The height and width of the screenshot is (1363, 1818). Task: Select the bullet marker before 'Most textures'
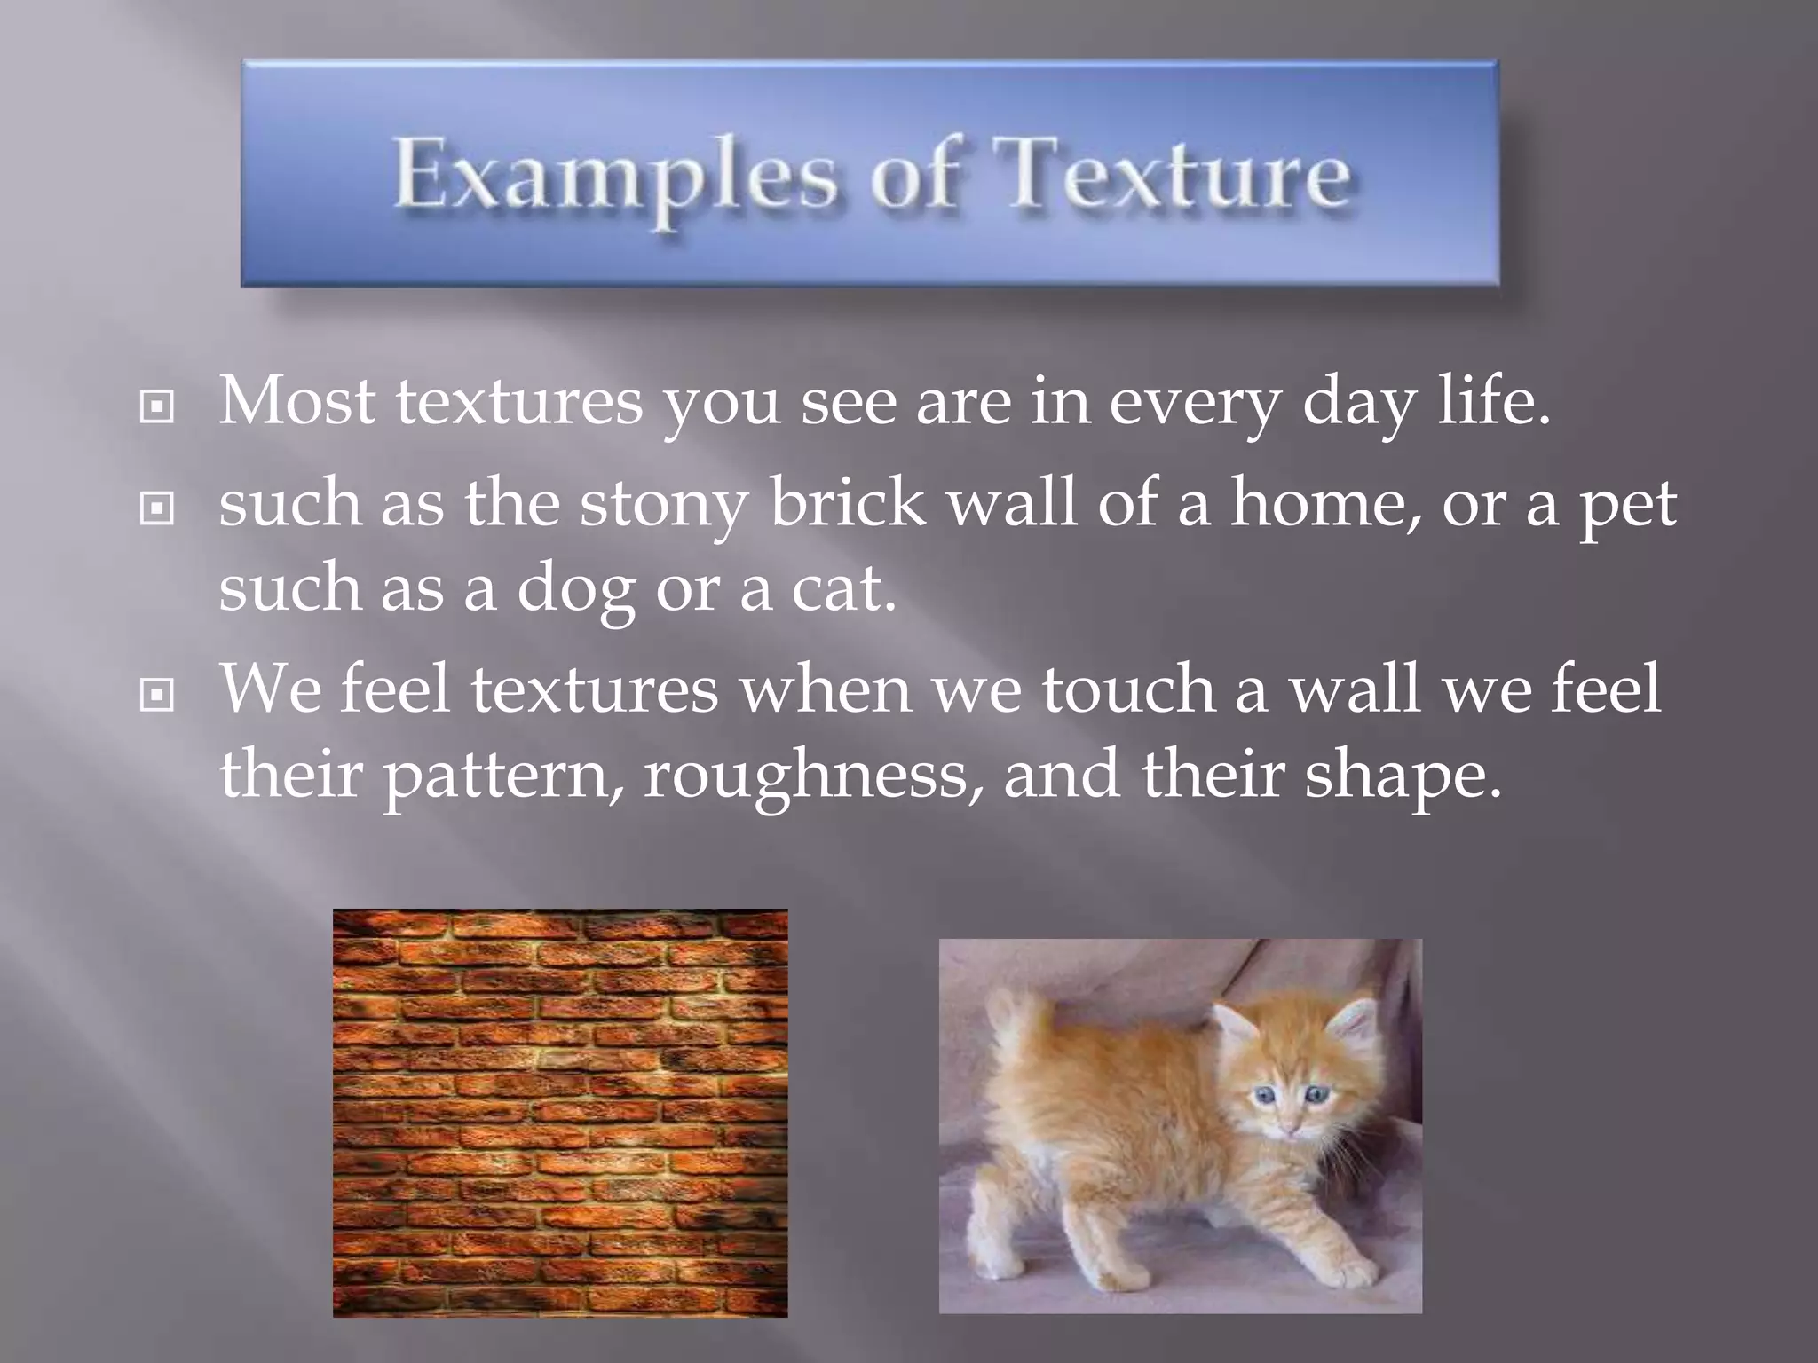[157, 407]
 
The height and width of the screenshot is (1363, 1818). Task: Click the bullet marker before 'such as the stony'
[157, 508]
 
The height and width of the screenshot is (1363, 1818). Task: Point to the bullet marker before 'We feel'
[157, 695]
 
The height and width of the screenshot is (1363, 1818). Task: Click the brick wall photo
[560, 1113]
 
